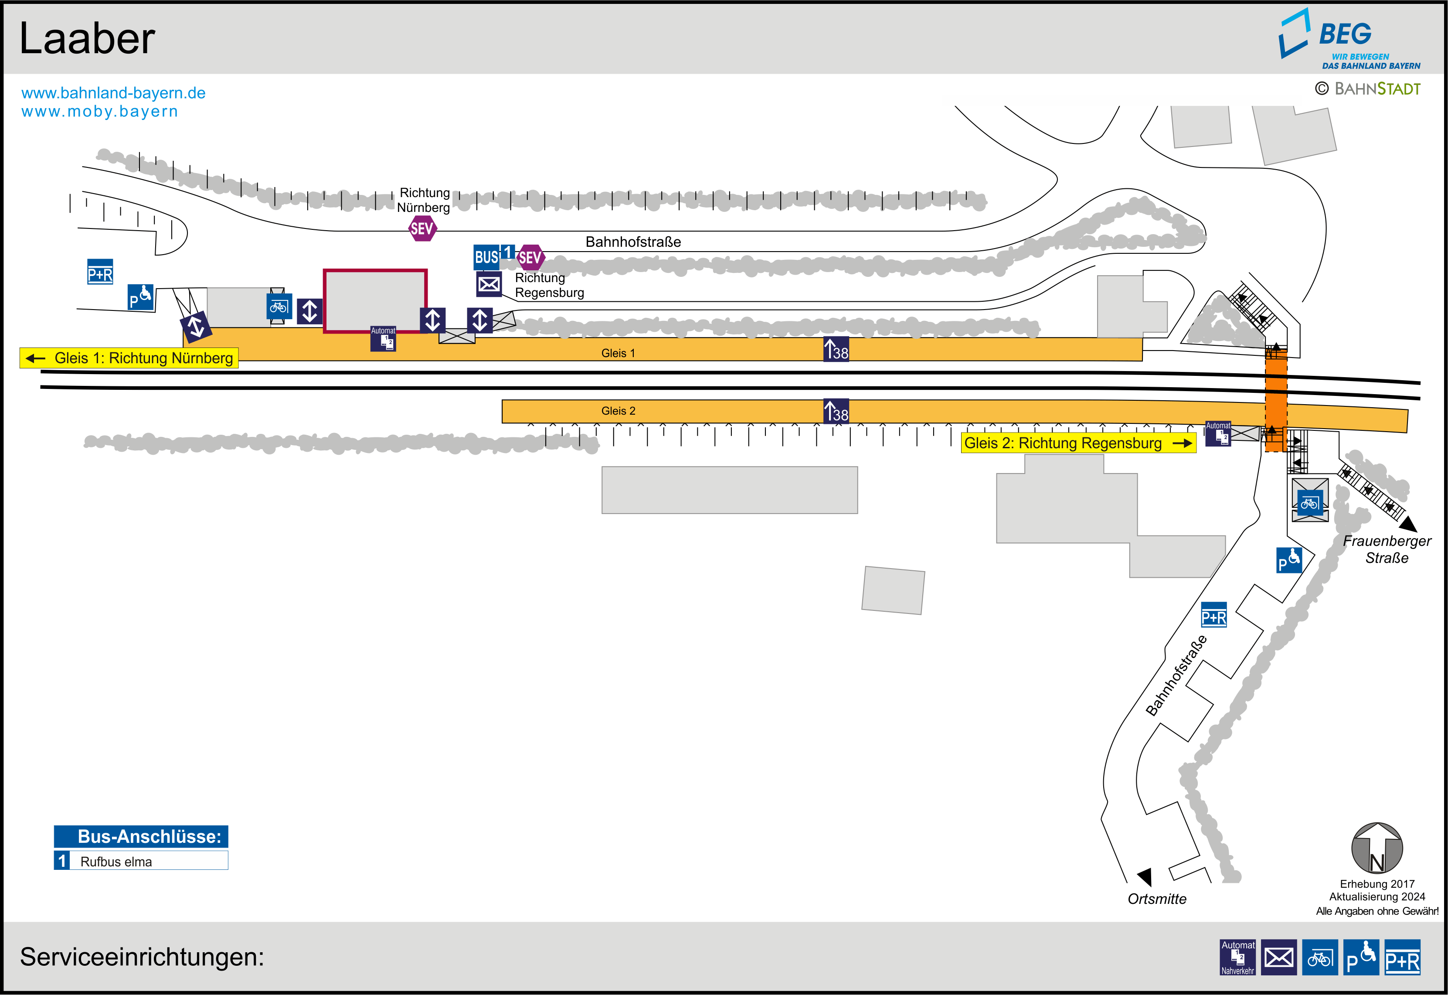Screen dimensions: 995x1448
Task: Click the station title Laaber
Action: pos(87,39)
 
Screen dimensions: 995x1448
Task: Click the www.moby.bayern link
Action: pos(100,112)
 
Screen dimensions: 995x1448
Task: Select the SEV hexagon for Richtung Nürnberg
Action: pos(422,228)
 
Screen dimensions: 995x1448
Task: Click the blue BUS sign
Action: pos(486,257)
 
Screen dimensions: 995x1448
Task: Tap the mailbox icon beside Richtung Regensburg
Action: pos(489,284)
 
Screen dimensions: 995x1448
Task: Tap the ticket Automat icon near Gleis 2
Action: pos(1218,433)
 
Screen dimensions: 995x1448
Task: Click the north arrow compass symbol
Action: pos(1377,848)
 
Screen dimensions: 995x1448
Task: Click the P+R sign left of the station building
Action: pos(100,272)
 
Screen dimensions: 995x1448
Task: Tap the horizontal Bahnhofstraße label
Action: pos(633,242)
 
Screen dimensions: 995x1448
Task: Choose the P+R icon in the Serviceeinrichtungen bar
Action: pos(1403,957)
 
